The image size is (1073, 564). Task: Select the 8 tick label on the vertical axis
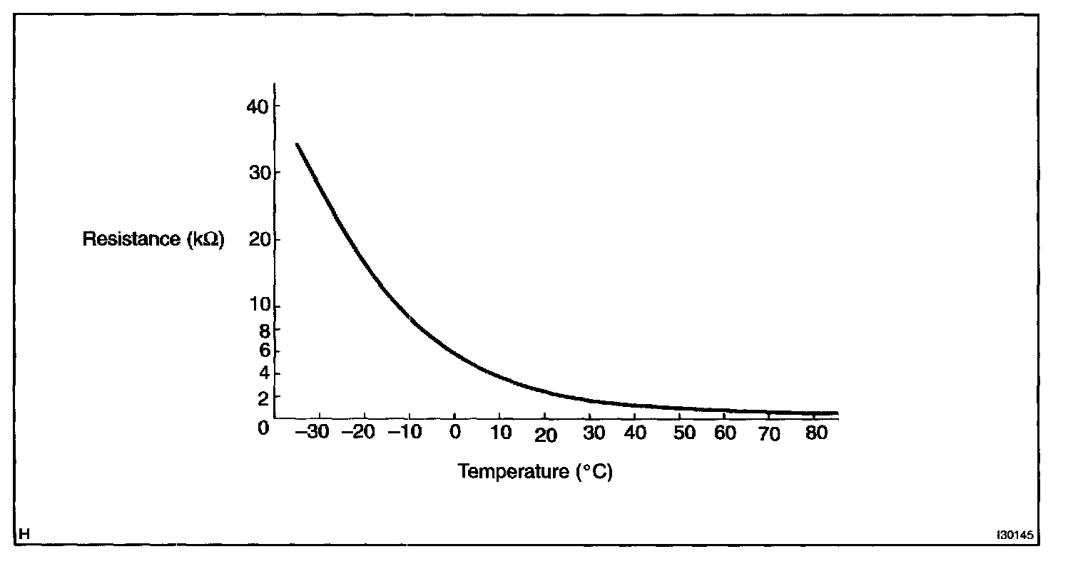[263, 331]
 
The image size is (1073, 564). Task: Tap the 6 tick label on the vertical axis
[263, 351]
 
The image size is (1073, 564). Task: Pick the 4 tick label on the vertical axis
[263, 373]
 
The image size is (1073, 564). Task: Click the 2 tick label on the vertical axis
[263, 396]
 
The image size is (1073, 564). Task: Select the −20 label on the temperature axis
[358, 433]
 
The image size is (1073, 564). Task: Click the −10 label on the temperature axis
[405, 433]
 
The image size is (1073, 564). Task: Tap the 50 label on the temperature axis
[684, 433]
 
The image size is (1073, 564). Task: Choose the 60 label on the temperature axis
[726, 433]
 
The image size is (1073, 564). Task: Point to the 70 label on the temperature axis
[768, 434]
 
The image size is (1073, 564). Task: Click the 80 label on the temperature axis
[815, 433]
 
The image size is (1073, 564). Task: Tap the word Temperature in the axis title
[512, 472]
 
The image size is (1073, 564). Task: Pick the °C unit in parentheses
[594, 472]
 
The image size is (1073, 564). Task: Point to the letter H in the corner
[24, 534]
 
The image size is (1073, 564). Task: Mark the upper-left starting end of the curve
[297, 144]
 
